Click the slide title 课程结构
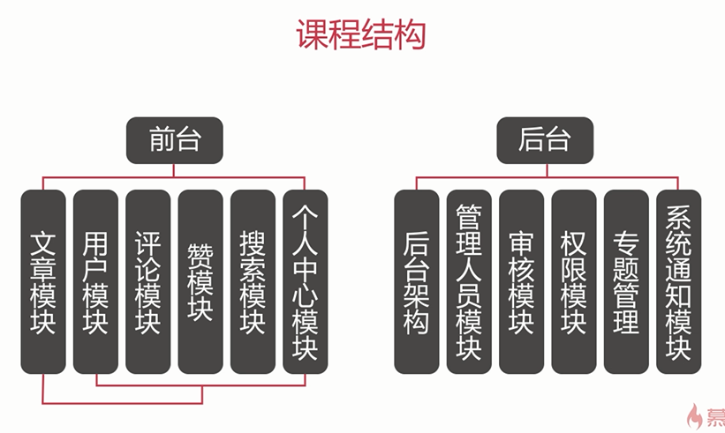(361, 35)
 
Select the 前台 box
(174, 139)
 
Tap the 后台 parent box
(545, 139)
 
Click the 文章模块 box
(43, 281)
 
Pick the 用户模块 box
(95, 281)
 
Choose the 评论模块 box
(147, 281)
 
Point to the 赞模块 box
(200, 281)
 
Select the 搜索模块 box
(253, 281)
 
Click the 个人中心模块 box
(305, 281)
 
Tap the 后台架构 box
(416, 281)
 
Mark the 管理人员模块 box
(468, 281)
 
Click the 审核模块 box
(521, 281)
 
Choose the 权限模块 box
(573, 281)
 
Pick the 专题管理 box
(625, 281)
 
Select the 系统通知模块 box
(678, 281)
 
